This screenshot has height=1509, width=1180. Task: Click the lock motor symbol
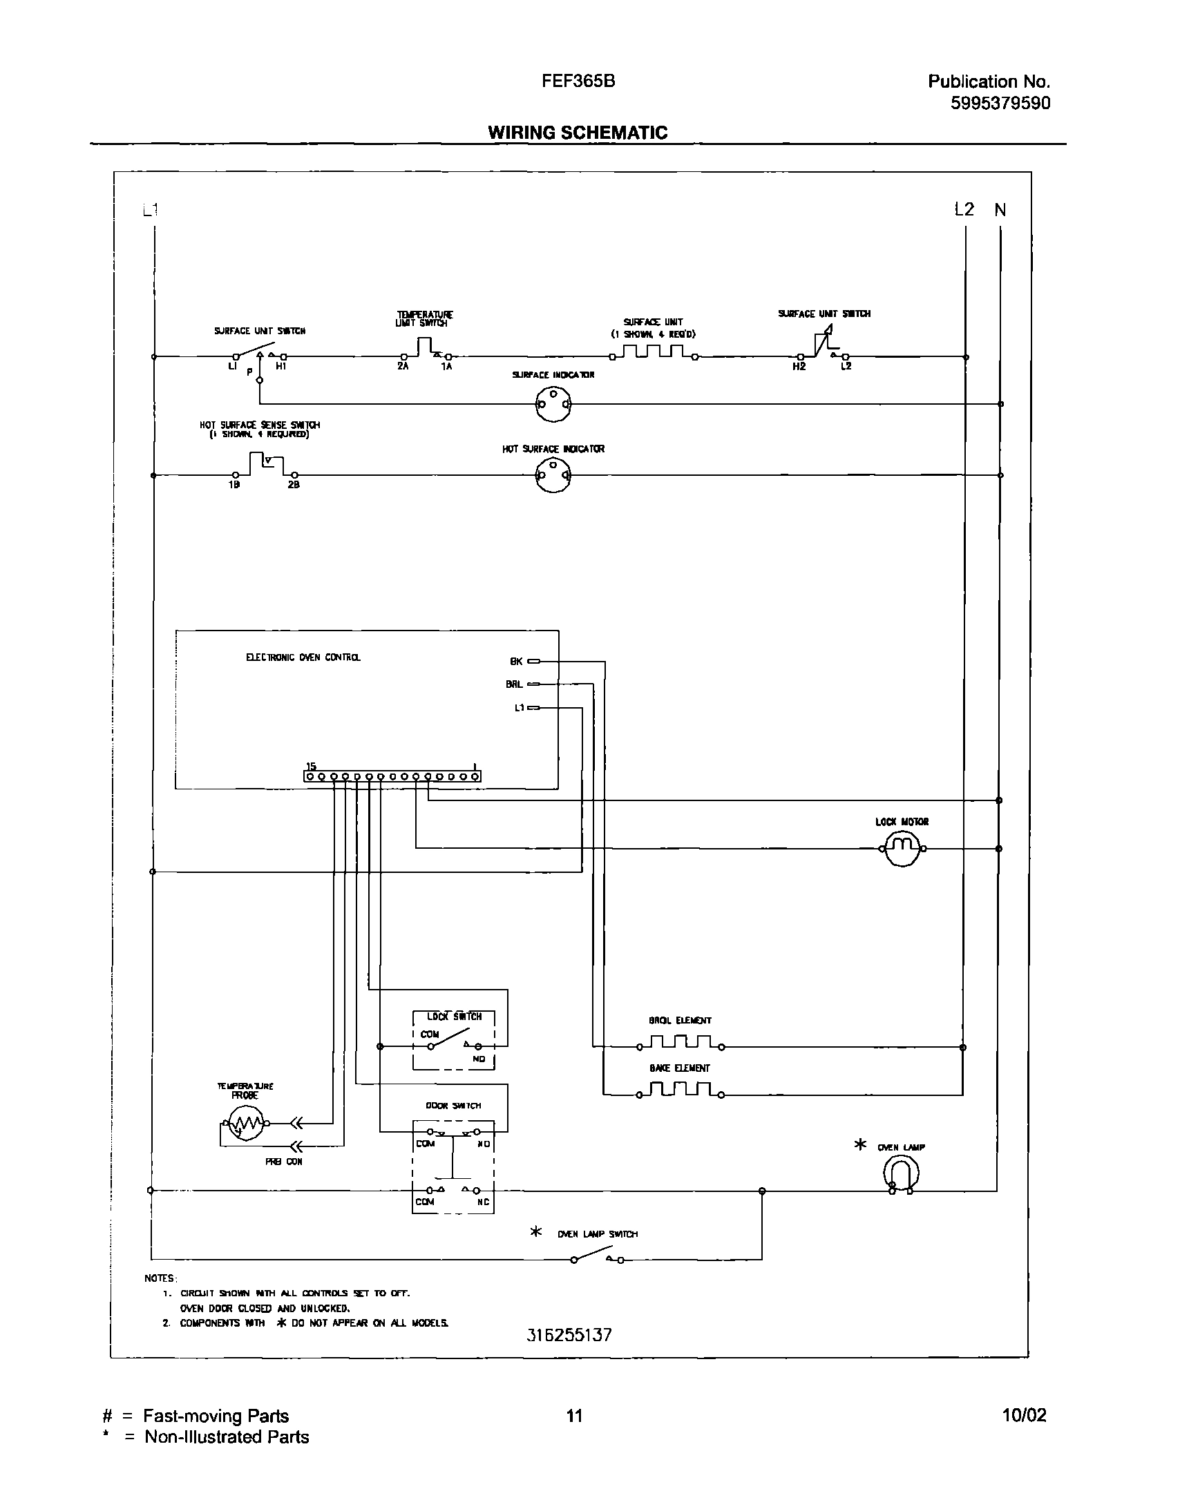coord(902,849)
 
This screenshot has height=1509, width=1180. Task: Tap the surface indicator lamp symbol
coord(553,403)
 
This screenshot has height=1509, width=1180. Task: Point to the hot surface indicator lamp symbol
coord(553,475)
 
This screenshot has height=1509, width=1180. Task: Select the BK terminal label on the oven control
coord(516,661)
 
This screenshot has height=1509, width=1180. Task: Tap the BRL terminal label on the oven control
coord(514,684)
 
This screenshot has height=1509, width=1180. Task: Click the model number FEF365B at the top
coord(578,81)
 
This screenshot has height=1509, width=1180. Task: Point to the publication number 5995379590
coord(1000,103)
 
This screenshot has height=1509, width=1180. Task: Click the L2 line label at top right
coord(964,209)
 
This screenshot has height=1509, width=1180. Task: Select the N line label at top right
coord(1000,209)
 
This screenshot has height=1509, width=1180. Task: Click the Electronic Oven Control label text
coord(303,657)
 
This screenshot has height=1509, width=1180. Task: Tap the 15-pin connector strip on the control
coord(392,777)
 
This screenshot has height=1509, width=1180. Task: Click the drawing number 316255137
coord(569,1335)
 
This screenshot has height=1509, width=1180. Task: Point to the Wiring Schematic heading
coord(578,133)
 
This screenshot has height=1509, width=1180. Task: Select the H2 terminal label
coord(799,367)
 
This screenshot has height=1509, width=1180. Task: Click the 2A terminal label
coord(403,367)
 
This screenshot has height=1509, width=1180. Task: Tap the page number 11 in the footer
coord(574,1416)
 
